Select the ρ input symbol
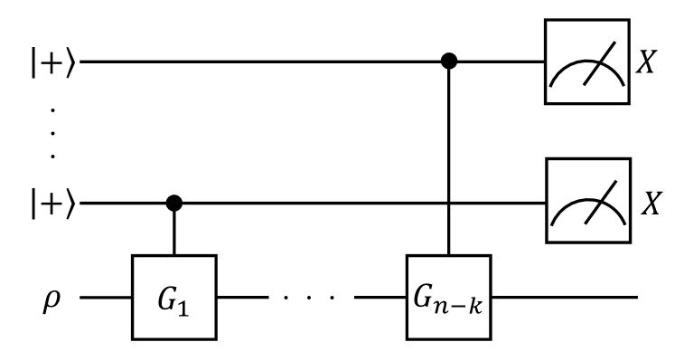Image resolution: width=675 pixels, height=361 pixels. [52, 295]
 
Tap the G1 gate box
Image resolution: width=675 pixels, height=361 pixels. [178, 296]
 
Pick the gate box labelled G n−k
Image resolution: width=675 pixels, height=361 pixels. [449, 296]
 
